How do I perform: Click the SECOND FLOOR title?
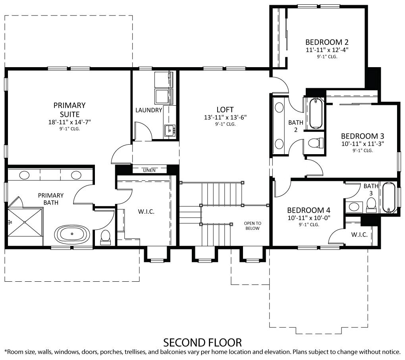[x=202, y=342]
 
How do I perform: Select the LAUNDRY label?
[x=148, y=110]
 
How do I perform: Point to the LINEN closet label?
[x=149, y=170]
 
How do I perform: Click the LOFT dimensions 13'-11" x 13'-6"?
[x=225, y=118]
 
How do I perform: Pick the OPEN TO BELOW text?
[x=253, y=226]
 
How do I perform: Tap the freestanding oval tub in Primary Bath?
[x=71, y=234]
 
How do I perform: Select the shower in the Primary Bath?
[x=25, y=223]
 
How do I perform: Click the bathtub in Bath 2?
[x=316, y=113]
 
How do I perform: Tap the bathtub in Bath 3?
[x=388, y=198]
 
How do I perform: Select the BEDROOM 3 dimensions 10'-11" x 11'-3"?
[x=362, y=143]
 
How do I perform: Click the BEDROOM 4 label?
[x=309, y=210]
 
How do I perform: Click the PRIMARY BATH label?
[x=51, y=199]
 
